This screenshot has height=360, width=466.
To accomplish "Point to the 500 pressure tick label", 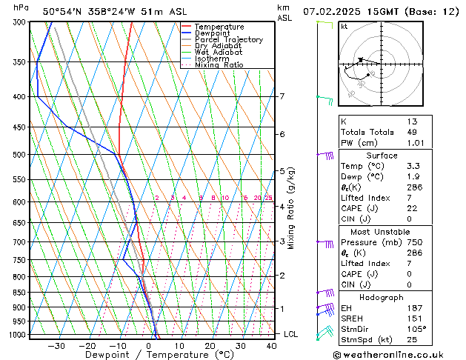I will [x=19, y=155].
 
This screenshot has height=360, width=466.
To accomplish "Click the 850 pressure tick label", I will [x=19, y=293].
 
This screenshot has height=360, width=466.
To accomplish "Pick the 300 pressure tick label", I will [x=19, y=22].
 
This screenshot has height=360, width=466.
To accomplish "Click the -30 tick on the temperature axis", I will [x=56, y=346].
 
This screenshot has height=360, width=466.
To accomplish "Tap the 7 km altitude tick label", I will [x=282, y=96].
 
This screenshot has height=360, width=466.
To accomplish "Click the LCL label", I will [x=290, y=334].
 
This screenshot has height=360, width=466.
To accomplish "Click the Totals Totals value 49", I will [x=413, y=132].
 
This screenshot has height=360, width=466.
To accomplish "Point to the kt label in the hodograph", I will [x=344, y=26].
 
